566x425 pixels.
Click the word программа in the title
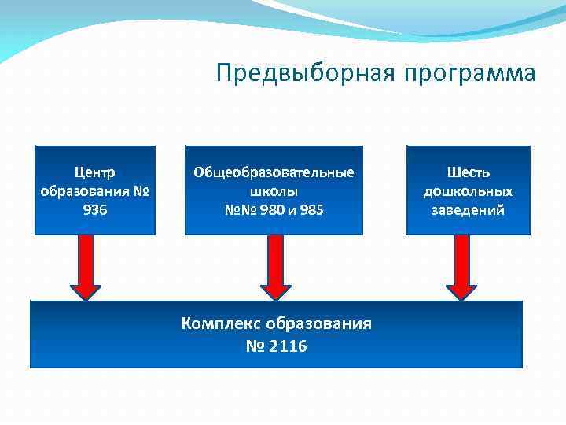[469, 73]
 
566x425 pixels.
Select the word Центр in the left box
[94, 172]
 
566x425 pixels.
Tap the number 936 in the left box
[94, 210]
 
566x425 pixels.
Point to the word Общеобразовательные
[274, 172]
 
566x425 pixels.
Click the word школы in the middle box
[274, 191]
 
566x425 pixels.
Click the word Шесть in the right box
[468, 172]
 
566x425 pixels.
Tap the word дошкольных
[468, 191]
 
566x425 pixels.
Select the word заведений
[468, 210]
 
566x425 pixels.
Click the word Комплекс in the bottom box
[222, 323]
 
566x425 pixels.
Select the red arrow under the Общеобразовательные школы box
[275, 268]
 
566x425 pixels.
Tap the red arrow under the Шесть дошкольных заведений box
[462, 268]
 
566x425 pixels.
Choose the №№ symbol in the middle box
[237, 210]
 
